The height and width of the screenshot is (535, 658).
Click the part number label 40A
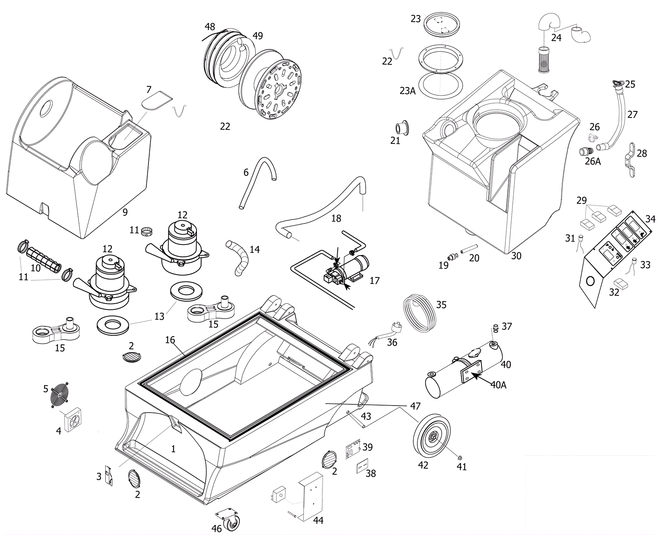pyautogui.click(x=498, y=385)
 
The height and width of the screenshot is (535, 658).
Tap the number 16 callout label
pyautogui.click(x=170, y=340)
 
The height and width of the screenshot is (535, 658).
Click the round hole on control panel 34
pyautogui.click(x=590, y=281)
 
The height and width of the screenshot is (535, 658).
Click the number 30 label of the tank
pyautogui.click(x=516, y=256)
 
